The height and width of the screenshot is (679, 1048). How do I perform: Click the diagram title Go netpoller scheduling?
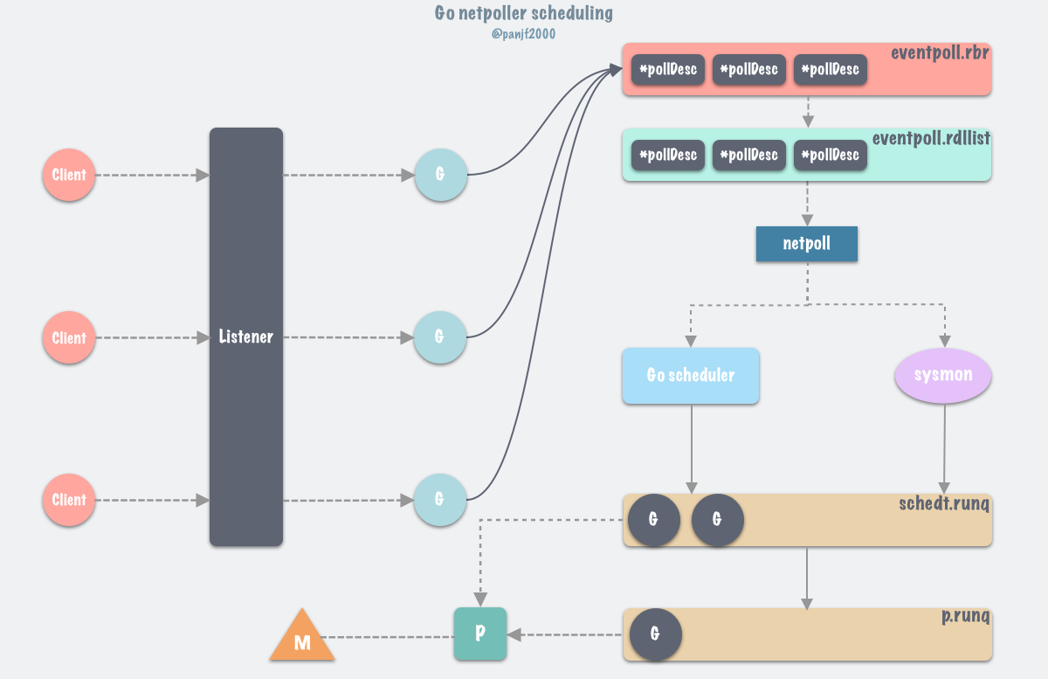pos(523,13)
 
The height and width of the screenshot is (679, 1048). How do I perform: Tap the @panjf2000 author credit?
pos(523,34)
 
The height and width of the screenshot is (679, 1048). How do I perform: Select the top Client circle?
pos(69,175)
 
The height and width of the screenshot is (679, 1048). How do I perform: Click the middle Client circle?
pos(69,338)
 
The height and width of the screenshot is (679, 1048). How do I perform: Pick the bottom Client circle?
pos(69,500)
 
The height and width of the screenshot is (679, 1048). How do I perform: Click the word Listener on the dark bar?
pos(245,336)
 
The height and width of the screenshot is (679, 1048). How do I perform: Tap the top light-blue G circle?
pos(440,175)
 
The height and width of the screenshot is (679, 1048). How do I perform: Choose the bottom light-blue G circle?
pos(440,500)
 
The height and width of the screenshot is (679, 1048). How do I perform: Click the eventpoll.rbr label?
pos(940,52)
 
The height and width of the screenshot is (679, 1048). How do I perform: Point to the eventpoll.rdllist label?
pos(931,138)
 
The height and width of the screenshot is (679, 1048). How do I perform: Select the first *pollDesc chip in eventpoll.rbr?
pos(668,70)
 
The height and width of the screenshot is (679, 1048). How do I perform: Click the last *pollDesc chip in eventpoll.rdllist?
pos(830,156)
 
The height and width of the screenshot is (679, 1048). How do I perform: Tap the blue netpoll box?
pos(806,244)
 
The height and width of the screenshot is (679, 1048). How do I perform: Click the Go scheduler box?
pos(690,376)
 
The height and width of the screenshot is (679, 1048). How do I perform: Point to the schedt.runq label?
pos(944,504)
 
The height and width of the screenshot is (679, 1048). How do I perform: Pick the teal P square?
pos(480,634)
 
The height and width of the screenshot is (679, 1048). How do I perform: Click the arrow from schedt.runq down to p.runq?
pos(807,577)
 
